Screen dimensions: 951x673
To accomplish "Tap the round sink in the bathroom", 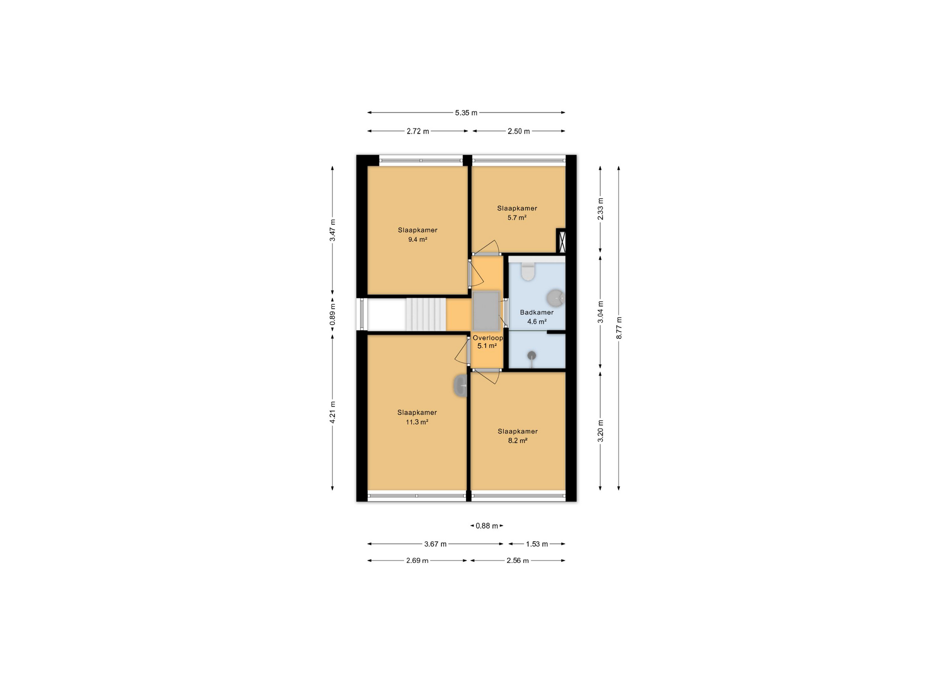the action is pyautogui.click(x=555, y=298).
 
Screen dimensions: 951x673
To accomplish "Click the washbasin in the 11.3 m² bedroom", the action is pyautogui.click(x=461, y=386).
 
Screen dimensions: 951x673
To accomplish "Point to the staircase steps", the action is pyautogui.click(x=426, y=314).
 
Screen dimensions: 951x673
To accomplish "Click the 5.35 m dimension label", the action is pyautogui.click(x=466, y=113).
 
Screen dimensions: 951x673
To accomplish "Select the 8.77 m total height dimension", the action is pyautogui.click(x=619, y=328).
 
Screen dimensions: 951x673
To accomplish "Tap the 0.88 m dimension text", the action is pyautogui.click(x=487, y=526).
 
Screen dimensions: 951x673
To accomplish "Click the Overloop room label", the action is pyautogui.click(x=487, y=338).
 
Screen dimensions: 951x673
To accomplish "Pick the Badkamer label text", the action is pyautogui.click(x=536, y=312).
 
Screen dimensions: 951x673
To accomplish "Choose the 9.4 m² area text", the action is pyautogui.click(x=418, y=239).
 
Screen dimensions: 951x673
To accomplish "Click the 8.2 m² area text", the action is pyautogui.click(x=518, y=441).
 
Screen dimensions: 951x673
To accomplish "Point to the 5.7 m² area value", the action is pyautogui.click(x=517, y=218).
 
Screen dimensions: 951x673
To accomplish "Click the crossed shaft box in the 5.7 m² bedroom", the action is pyautogui.click(x=561, y=240).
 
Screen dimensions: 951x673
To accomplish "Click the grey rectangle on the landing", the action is pyautogui.click(x=486, y=311).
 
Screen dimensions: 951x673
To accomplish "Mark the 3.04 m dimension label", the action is pyautogui.click(x=600, y=312).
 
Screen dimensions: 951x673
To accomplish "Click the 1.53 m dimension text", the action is pyautogui.click(x=537, y=544).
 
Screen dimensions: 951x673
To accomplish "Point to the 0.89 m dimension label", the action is pyautogui.click(x=332, y=314).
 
